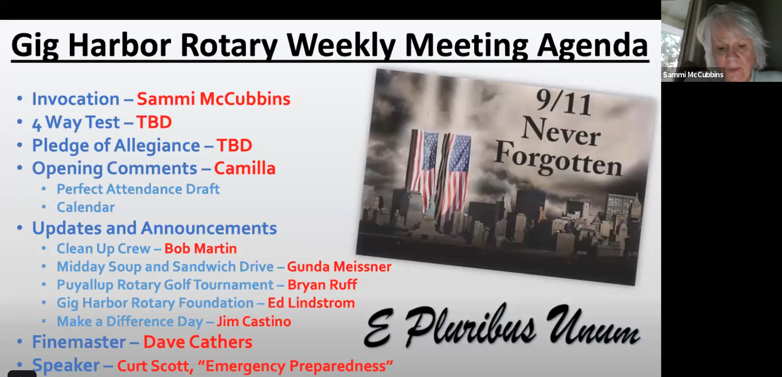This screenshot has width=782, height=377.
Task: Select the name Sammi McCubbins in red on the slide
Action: [213, 99]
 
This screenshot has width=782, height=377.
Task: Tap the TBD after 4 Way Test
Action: [154, 122]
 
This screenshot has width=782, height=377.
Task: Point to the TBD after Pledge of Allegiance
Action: [234, 145]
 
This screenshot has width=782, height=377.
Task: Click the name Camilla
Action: [245, 168]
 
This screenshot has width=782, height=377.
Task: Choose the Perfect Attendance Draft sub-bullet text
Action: [138, 189]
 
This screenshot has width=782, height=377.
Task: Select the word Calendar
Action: [86, 207]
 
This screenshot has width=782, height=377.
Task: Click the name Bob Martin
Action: [200, 249]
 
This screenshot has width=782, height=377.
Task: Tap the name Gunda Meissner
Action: [339, 267]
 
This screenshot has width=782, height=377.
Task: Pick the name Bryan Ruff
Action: [322, 285]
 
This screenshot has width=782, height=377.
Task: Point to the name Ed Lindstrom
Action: [311, 303]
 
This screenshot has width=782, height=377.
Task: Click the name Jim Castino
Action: [254, 321]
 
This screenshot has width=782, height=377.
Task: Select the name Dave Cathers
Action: [198, 342]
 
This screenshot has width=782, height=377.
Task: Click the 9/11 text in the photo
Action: [564, 102]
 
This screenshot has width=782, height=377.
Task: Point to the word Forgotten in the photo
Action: [558, 159]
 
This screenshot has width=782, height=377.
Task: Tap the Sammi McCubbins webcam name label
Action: [693, 75]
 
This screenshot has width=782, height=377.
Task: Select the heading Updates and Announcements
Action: [154, 228]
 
